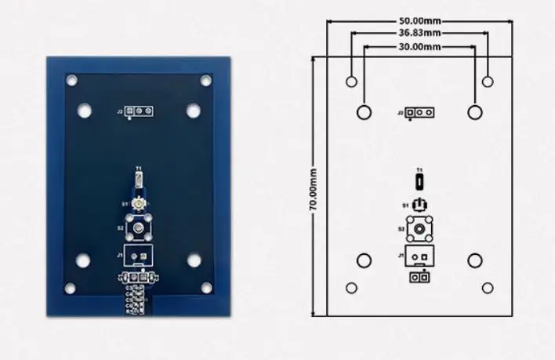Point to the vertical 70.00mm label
click(314, 189)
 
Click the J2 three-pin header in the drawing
click(421, 112)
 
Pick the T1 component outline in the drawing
click(421, 182)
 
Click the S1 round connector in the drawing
click(421, 205)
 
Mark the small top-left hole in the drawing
click(351, 81)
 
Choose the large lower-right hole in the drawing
click(474, 260)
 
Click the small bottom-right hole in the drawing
click(488, 288)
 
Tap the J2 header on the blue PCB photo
click(140, 111)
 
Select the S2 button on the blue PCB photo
click(139, 228)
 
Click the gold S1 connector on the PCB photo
click(139, 204)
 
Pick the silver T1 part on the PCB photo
click(139, 181)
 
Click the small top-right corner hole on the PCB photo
click(206, 80)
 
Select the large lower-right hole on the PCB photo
click(193, 260)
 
